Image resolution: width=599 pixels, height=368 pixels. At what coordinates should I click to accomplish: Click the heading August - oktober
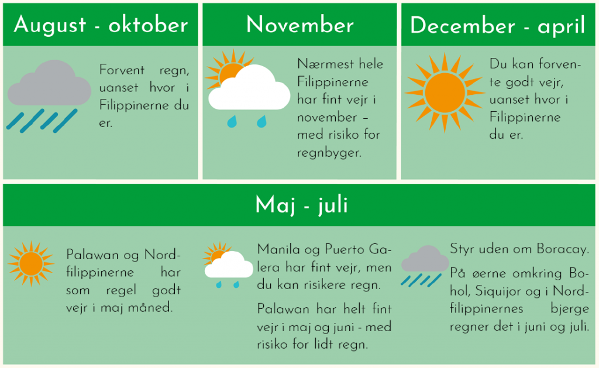coord(101,25)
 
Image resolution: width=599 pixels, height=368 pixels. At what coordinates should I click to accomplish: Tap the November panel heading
coord(300,25)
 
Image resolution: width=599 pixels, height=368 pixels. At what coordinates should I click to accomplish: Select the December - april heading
coord(497,26)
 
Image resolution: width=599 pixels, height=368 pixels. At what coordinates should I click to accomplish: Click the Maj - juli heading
coord(301,205)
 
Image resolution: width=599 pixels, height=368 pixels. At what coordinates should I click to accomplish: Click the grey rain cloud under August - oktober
coord(49,83)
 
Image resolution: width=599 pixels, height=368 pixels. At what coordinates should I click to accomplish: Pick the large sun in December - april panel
coord(445,92)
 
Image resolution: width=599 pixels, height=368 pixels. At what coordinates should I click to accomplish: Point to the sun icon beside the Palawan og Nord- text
coord(30,264)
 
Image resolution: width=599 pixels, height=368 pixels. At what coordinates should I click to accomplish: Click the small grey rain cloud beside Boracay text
coord(425,259)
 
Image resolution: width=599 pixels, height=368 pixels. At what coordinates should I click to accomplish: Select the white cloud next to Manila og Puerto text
coord(229,265)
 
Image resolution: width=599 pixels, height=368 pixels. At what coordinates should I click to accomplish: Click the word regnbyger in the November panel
coord(329,153)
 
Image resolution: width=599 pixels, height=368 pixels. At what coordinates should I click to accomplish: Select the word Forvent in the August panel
coord(116,70)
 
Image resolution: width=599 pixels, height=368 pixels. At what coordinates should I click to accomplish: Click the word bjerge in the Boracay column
coord(570,309)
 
